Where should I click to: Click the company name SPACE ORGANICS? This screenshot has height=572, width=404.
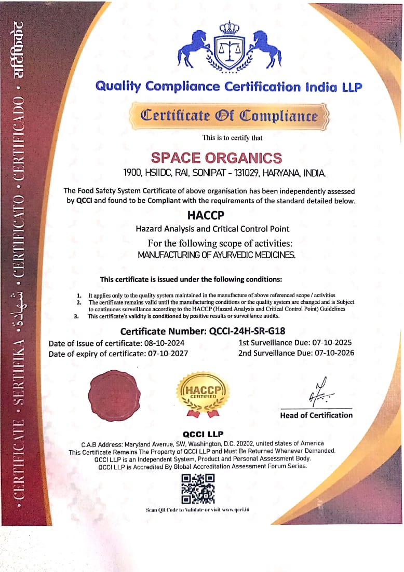[216, 158]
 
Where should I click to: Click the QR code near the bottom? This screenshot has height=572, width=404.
[197, 489]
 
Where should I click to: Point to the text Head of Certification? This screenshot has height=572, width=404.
[316, 415]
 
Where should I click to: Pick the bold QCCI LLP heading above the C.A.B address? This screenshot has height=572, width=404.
[203, 434]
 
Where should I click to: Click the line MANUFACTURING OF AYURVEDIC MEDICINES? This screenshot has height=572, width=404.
[216, 255]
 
